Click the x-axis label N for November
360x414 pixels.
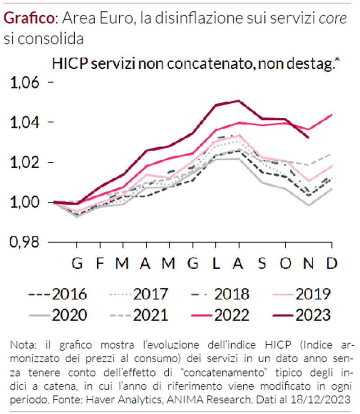(309, 263)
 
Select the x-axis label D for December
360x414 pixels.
(332, 263)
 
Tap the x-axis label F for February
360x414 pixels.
(100, 263)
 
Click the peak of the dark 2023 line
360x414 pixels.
(238, 101)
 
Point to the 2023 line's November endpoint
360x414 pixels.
(308, 137)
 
